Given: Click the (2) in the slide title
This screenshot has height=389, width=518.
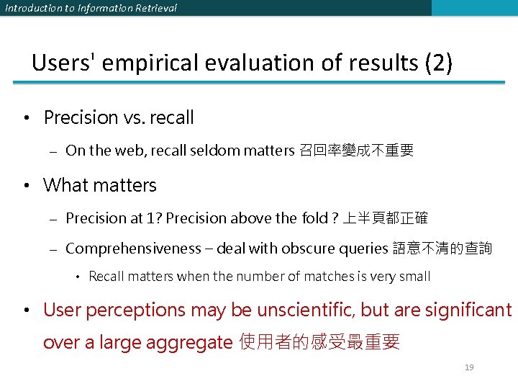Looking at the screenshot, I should point(438,63).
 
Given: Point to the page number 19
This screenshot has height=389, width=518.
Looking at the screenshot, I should point(469,367).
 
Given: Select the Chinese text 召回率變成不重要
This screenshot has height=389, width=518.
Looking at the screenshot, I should point(356,151).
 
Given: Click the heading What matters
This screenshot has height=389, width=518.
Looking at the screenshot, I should point(100,185).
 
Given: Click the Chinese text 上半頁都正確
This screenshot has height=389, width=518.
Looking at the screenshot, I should point(386,218).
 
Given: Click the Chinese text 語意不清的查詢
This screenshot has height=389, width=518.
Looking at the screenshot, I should point(442,249).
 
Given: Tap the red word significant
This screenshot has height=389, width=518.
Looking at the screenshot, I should point(468,310).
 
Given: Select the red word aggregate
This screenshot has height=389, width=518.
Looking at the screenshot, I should point(190,342).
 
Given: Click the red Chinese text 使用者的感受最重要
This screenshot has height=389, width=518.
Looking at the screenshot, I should point(319,342).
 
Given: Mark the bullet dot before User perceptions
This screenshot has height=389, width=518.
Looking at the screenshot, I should point(25,310).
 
